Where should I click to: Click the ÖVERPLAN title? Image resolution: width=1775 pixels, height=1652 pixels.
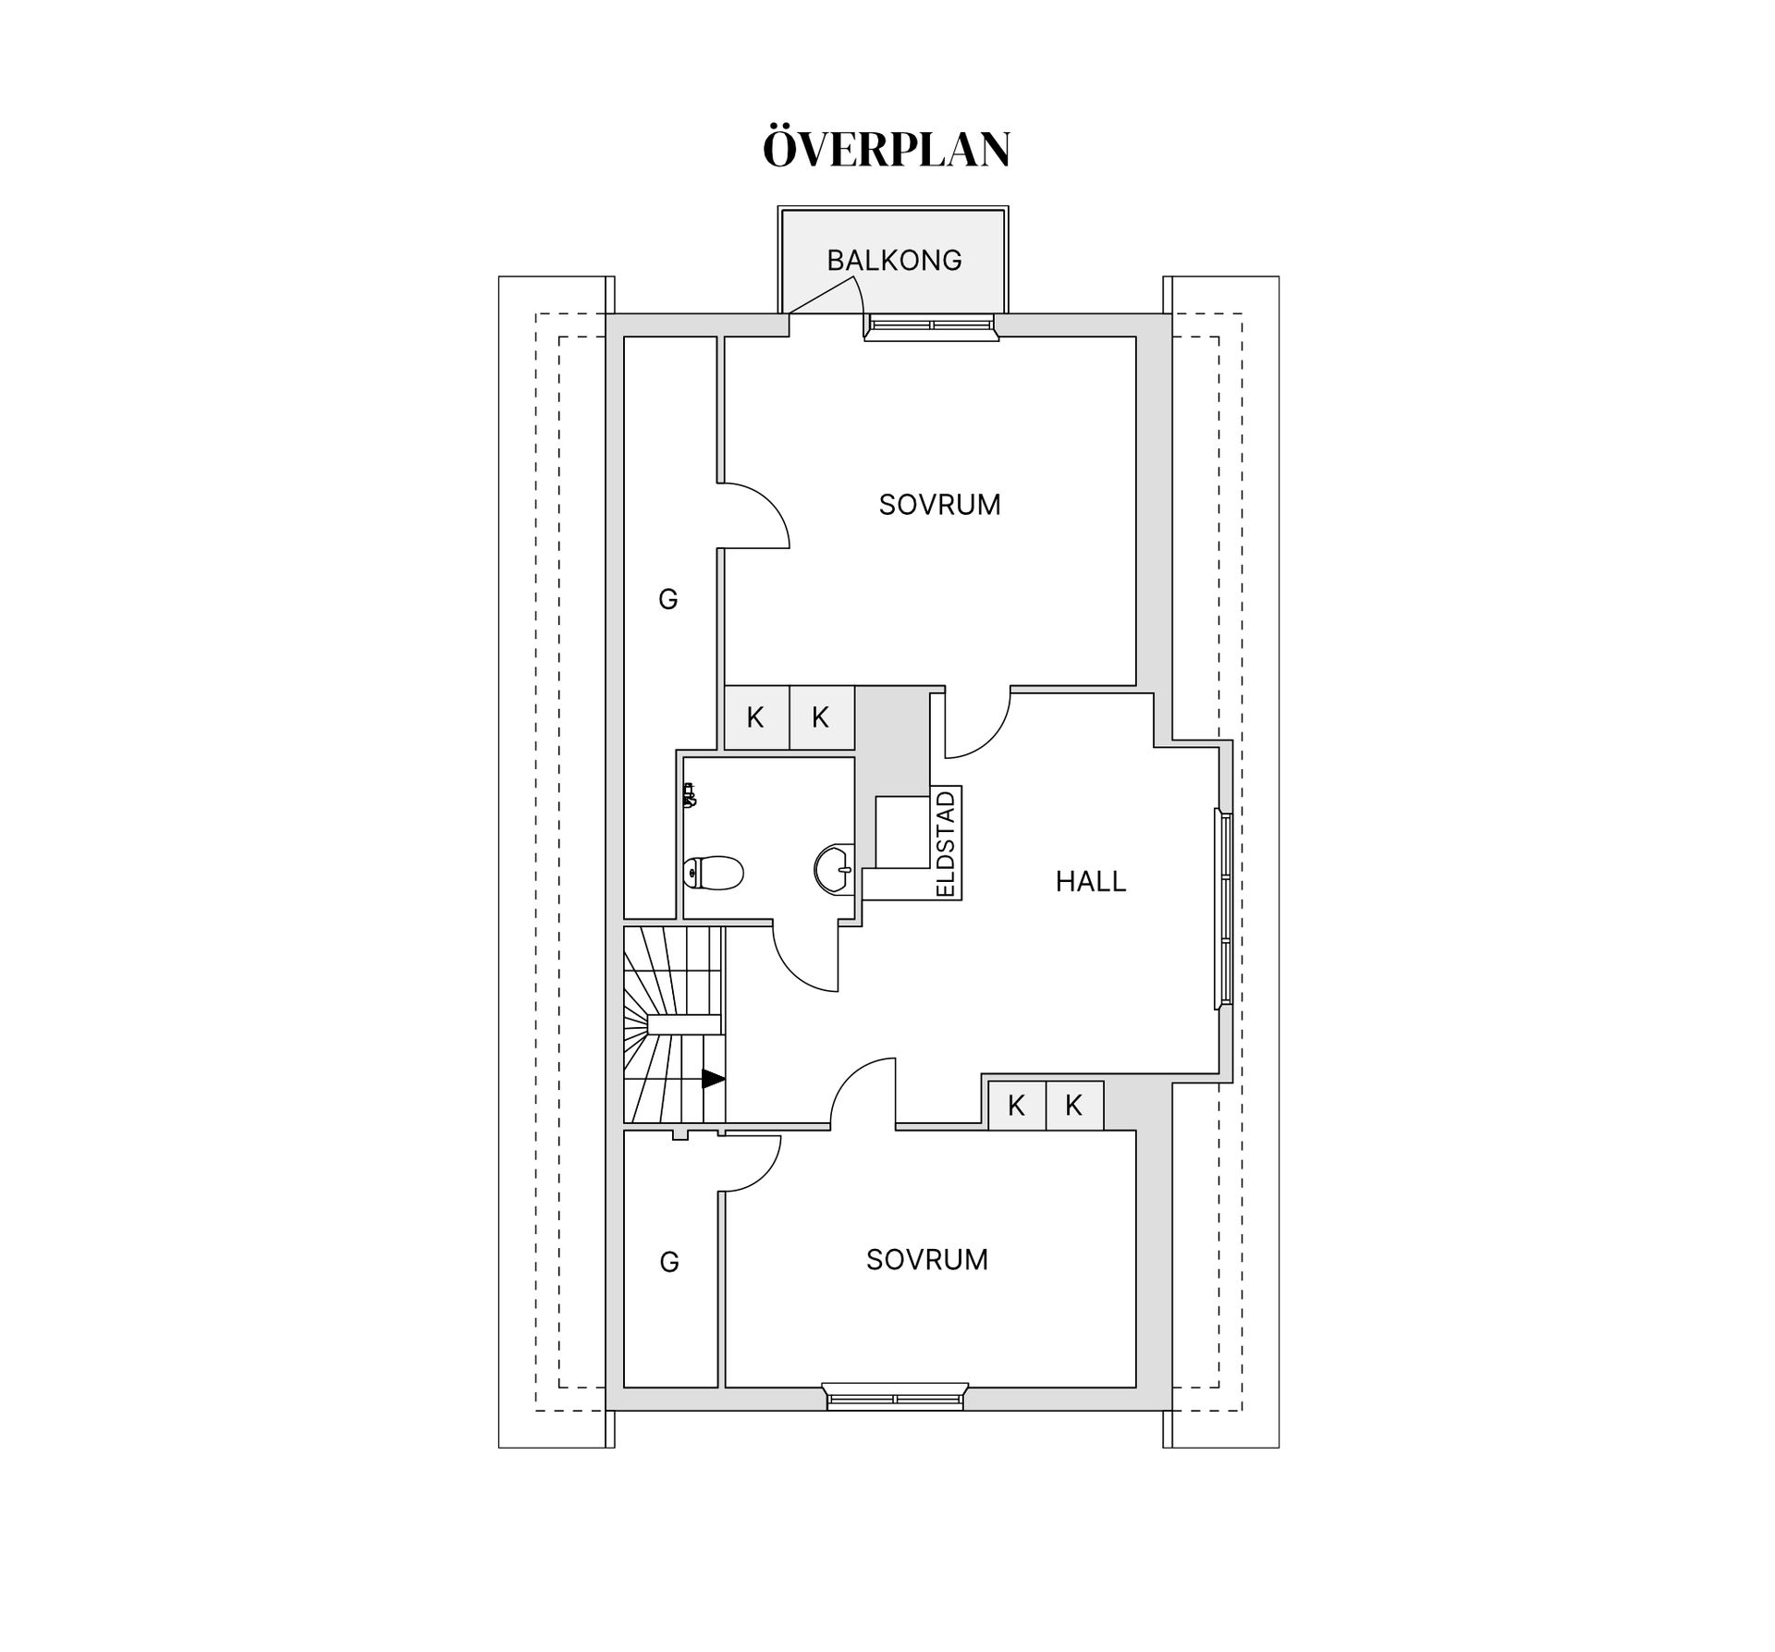point(887,148)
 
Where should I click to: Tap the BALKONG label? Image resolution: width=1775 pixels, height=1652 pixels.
point(894,261)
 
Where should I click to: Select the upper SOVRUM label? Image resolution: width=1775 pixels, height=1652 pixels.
point(939,505)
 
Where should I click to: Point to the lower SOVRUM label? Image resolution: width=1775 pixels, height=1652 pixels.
point(927,1259)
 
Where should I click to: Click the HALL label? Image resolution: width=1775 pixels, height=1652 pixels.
point(1091,882)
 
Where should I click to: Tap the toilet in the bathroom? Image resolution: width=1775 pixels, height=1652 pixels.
point(714,872)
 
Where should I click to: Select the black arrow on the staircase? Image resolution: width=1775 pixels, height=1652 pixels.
point(713,1079)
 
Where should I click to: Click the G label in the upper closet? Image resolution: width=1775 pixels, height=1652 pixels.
point(668,600)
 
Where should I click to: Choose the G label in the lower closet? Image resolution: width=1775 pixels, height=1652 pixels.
point(669,1262)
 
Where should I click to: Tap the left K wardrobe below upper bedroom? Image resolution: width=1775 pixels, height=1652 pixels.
point(756,717)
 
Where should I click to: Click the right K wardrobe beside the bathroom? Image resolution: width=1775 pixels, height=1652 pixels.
point(821,717)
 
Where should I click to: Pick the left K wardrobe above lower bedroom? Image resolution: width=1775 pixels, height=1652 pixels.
point(1017,1105)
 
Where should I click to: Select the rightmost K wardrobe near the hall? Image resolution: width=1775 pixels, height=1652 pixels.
point(1074,1105)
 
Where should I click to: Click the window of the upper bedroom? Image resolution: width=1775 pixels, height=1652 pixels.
point(931,326)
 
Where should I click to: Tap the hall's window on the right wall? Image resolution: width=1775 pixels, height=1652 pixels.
point(1223,909)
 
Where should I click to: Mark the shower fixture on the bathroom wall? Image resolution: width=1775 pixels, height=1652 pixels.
point(688,795)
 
